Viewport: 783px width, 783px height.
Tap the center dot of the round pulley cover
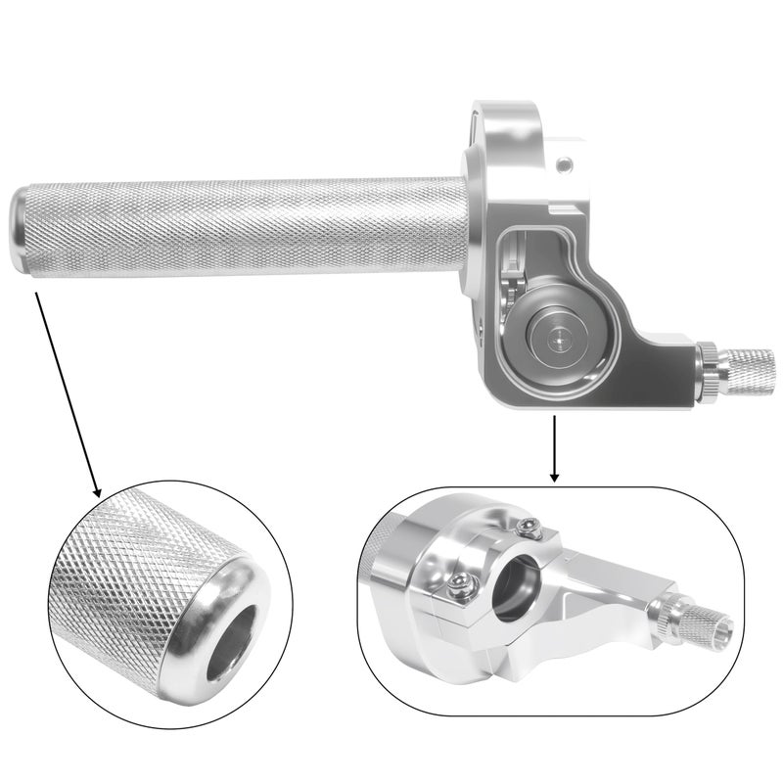559,336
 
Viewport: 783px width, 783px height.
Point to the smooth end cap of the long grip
23,231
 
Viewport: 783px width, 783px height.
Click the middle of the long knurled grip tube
245,226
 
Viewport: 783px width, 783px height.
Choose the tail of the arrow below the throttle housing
555,419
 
